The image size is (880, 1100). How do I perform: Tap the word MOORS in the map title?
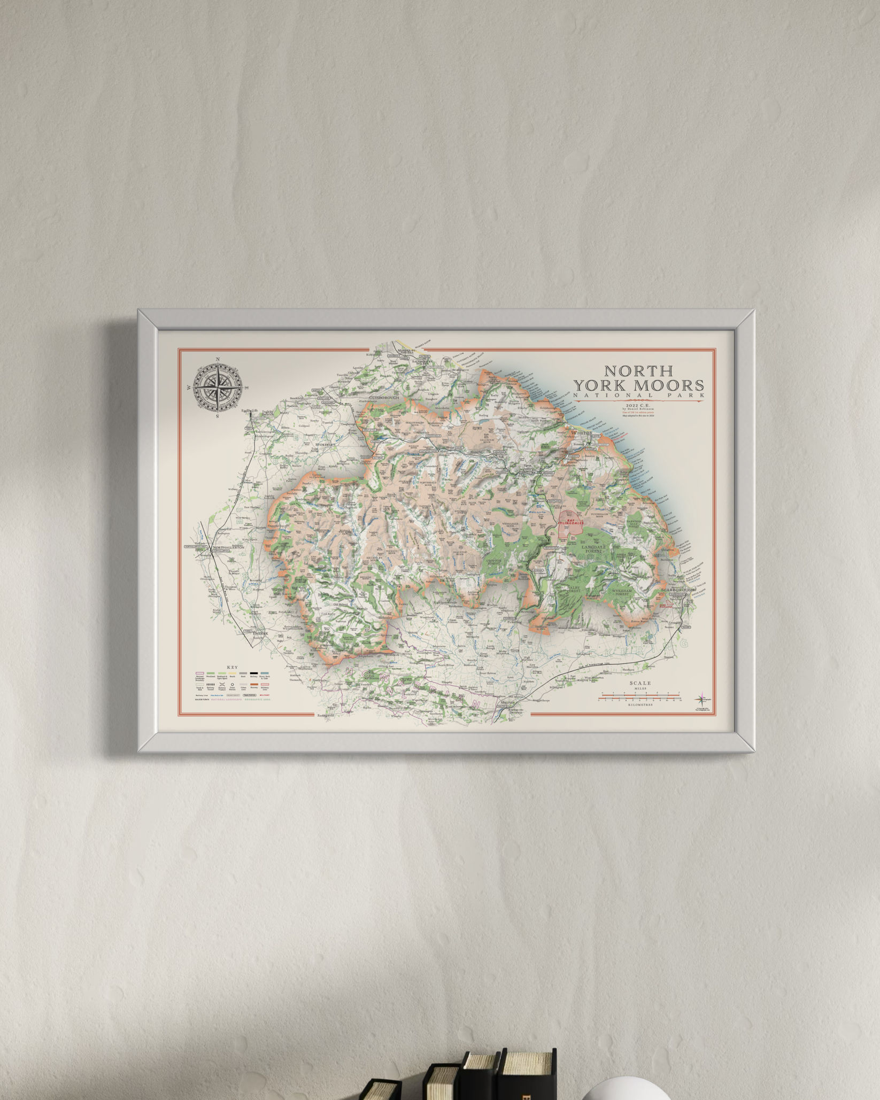pos(671,385)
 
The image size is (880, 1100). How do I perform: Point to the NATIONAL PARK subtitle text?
pos(638,396)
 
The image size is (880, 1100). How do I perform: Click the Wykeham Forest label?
pos(622,592)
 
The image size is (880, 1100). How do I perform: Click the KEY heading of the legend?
pos(232,668)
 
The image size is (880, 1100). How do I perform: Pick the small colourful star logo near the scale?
pos(701,699)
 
